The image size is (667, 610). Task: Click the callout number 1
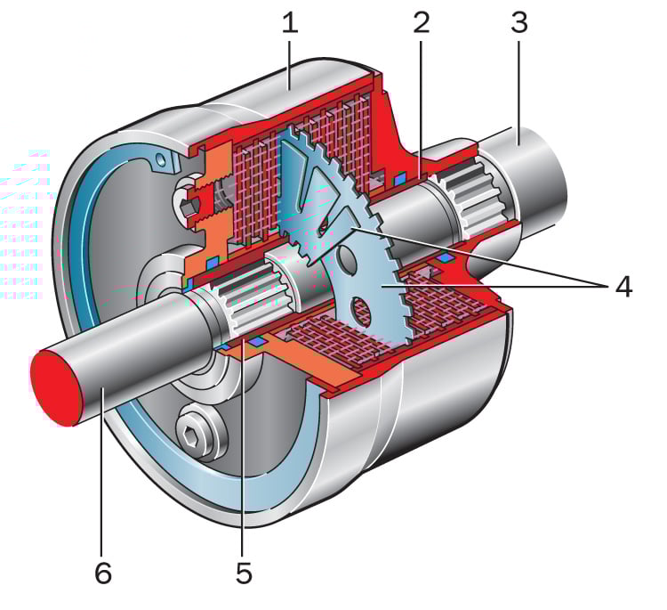tap(290, 22)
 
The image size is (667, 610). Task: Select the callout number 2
tap(422, 22)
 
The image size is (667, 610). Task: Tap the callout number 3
tap(519, 22)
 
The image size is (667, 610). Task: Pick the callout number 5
tap(245, 573)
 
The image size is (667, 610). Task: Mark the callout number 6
tap(103, 573)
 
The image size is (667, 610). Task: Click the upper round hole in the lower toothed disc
tap(347, 259)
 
